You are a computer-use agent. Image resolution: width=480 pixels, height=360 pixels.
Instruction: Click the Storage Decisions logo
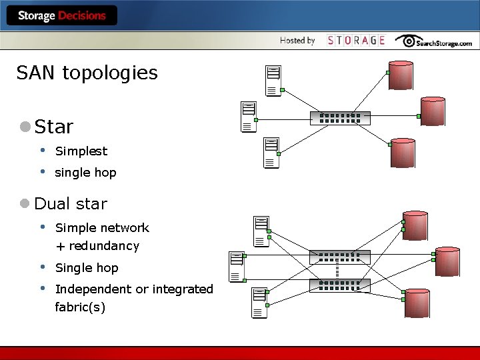(62, 15)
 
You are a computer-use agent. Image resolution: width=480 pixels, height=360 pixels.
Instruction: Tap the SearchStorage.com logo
(433, 41)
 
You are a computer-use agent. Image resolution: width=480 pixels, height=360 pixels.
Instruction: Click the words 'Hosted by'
(297, 41)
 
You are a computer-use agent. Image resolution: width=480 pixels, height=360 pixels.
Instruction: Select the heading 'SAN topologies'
(87, 73)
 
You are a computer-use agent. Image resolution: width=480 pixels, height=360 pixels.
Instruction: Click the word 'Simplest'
(81, 151)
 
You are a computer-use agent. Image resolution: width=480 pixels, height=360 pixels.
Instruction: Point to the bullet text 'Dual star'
(70, 203)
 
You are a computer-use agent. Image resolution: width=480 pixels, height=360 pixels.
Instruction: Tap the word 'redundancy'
(104, 246)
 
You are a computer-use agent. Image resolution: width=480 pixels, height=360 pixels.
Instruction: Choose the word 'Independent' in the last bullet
(93, 289)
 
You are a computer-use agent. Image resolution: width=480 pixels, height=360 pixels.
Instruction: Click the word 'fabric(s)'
(80, 307)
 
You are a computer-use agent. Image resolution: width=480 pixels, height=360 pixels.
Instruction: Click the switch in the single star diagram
(340, 118)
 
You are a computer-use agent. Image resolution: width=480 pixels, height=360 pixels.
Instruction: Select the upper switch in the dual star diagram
(339, 257)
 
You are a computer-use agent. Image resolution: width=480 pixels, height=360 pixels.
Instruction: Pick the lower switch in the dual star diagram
(339, 285)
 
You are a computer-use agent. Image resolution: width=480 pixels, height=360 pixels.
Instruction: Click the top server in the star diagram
(273, 81)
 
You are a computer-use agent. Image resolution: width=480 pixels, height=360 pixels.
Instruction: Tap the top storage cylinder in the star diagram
(401, 75)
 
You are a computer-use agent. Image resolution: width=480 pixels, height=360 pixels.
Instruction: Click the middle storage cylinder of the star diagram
(433, 111)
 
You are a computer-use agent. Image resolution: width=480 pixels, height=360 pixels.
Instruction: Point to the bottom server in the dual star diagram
(259, 302)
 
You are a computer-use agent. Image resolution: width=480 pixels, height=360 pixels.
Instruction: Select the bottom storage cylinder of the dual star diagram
(417, 303)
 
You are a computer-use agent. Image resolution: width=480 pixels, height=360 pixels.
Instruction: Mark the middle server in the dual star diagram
(236, 266)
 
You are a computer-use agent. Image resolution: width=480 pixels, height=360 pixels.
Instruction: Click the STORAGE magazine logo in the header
(357, 41)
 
